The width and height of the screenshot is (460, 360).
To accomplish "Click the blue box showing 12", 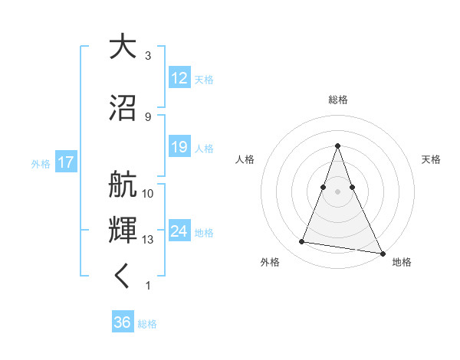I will (179, 78).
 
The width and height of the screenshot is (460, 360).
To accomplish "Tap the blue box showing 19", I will (179, 147).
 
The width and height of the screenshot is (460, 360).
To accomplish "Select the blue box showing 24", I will (179, 231).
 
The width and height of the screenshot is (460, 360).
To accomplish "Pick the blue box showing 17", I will (65, 162).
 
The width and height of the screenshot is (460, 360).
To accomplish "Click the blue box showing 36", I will (123, 322).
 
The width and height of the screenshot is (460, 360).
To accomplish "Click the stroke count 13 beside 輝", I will (148, 240).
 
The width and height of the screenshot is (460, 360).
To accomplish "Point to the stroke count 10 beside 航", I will (148, 193).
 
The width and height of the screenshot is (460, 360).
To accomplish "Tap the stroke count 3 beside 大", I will (147, 56).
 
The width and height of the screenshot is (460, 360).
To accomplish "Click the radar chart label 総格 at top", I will (338, 100).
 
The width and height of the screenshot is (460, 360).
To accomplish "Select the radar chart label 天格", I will (431, 159).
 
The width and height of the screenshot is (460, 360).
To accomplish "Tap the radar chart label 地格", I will (402, 262).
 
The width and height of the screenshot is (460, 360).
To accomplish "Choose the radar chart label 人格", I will (245, 159).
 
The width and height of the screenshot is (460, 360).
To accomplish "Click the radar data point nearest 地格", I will (381, 253).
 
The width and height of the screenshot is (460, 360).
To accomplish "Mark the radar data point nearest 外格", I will (301, 242).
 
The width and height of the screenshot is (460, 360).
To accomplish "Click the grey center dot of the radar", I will (338, 191).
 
